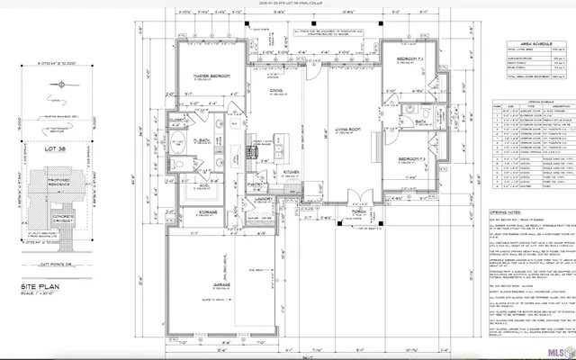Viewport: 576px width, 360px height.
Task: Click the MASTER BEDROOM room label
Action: (x=210, y=75)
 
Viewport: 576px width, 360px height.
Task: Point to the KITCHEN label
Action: (x=291, y=170)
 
